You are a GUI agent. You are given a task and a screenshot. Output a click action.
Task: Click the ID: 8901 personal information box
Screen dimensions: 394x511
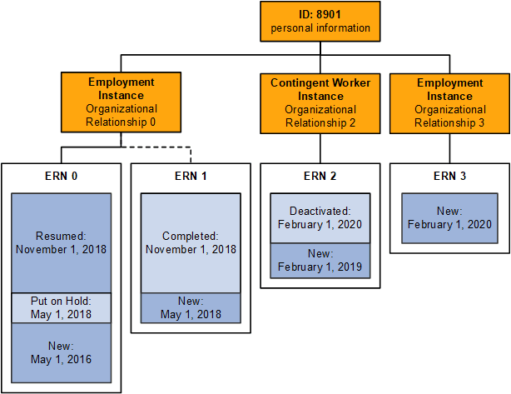point(320,22)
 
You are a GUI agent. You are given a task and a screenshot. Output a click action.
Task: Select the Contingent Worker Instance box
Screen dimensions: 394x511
point(320,102)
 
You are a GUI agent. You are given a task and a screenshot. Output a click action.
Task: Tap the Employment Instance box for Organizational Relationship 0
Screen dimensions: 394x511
point(122,102)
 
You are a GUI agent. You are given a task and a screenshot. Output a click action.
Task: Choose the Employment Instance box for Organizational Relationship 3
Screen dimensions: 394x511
point(449,102)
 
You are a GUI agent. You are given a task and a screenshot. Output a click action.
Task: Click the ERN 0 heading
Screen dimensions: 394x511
point(62,176)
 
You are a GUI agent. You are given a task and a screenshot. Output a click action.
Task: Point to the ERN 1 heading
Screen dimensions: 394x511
point(191,176)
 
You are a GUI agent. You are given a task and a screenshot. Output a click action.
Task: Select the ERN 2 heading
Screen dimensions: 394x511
point(320,176)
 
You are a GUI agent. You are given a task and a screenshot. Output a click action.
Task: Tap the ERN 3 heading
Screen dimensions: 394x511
point(449,176)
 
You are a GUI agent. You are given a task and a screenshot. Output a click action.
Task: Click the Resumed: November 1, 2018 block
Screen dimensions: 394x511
point(62,242)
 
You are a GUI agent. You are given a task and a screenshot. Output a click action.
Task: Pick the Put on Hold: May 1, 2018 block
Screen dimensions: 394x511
point(62,307)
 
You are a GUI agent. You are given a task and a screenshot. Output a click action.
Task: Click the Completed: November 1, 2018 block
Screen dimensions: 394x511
point(191,242)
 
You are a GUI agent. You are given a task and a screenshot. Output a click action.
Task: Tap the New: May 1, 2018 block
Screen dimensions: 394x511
point(191,307)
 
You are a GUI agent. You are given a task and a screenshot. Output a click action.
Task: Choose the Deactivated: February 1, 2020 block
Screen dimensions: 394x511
point(320,217)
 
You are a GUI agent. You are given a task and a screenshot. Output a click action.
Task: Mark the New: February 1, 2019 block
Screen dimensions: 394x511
point(320,261)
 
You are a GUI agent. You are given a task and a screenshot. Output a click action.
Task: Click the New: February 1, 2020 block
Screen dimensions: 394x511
point(449,218)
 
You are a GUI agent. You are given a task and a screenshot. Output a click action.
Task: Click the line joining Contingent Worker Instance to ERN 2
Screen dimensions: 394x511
point(320,148)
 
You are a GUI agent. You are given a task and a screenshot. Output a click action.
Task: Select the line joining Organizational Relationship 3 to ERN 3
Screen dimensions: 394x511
point(449,148)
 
